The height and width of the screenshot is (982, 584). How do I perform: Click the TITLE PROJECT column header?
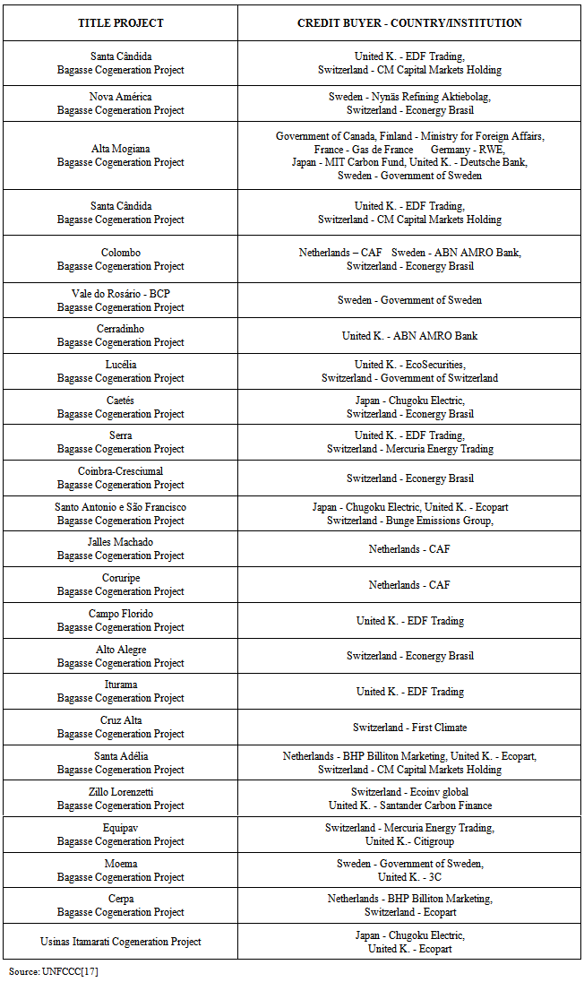point(121,23)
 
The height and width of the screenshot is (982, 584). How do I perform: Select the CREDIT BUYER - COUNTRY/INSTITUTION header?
point(409,23)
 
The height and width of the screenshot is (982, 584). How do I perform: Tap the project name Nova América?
point(121,97)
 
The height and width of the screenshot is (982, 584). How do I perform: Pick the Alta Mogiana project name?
point(121,149)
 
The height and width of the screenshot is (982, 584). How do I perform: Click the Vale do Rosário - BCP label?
point(121,294)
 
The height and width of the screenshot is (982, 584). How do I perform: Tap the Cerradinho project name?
point(121,329)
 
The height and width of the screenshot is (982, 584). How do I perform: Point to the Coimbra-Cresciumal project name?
point(121,471)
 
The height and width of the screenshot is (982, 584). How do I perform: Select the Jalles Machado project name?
point(121,542)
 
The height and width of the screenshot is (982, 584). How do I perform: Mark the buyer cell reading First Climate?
point(409,728)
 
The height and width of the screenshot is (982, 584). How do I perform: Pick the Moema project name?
point(121,864)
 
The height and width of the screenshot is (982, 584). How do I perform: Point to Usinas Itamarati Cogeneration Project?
point(121,942)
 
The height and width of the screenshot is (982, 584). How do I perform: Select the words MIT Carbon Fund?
point(366,162)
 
